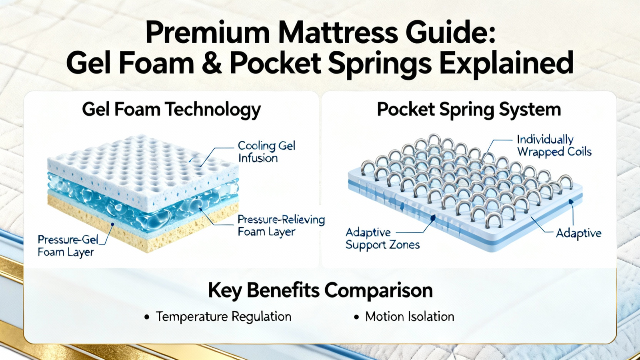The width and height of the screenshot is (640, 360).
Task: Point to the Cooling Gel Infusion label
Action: [266, 152]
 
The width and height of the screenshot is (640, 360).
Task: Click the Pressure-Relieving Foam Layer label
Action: [281, 226]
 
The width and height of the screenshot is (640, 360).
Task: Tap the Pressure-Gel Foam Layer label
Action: [68, 246]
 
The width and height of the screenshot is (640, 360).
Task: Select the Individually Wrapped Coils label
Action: [554, 146]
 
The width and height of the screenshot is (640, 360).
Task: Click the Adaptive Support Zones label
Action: [382, 239]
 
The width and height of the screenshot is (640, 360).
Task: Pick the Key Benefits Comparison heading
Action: [320, 291]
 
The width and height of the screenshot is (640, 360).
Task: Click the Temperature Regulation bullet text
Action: [223, 316]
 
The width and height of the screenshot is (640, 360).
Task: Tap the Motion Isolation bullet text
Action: [410, 316]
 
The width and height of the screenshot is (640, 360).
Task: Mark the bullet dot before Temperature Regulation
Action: [147, 317]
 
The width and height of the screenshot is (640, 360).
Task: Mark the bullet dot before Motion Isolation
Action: [356, 317]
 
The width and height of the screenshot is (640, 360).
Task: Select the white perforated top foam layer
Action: [143, 166]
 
